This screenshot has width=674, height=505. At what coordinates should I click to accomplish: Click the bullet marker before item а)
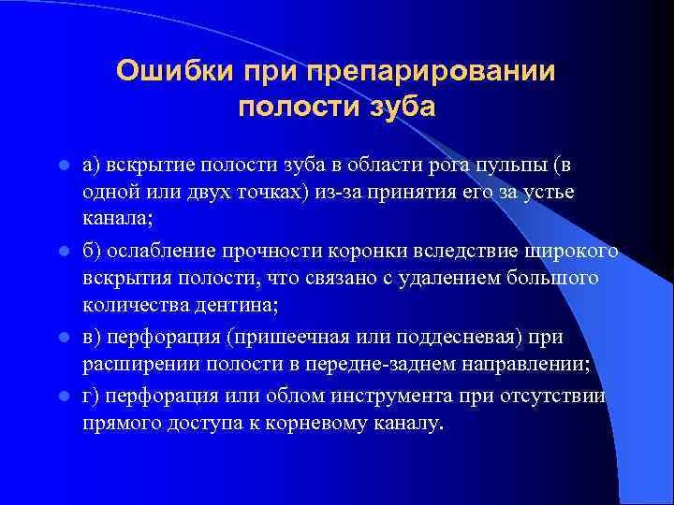coord(63,166)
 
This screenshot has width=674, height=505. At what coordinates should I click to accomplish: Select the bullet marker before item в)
coord(63,338)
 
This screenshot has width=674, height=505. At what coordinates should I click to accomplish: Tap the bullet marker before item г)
coord(63,397)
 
